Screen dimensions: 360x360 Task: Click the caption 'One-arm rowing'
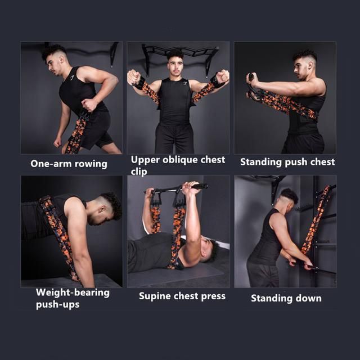[69, 164]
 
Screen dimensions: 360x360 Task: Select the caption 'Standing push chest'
[287, 162]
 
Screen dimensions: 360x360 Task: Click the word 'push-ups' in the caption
[58, 305]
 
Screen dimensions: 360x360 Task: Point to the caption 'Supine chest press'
[182, 296]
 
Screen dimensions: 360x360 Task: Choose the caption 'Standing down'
[286, 298]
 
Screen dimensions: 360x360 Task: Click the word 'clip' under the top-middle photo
[139, 172]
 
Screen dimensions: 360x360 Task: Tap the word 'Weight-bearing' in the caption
[73, 293]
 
